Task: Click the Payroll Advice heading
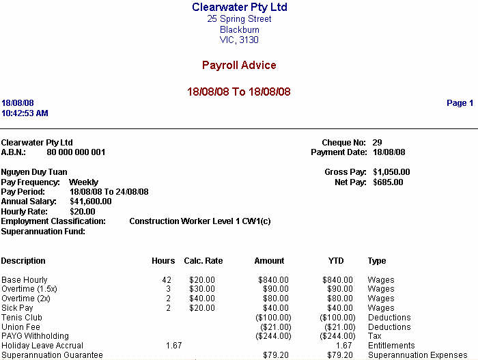(x=239, y=66)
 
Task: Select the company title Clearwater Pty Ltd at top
(x=239, y=8)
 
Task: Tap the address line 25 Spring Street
(x=239, y=19)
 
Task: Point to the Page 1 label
(x=460, y=103)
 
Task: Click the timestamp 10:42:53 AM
(x=25, y=113)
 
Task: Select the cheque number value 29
(x=378, y=143)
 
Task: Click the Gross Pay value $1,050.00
(x=391, y=172)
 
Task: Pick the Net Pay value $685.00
(x=388, y=182)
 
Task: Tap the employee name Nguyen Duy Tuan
(x=34, y=172)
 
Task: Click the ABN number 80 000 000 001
(x=76, y=152)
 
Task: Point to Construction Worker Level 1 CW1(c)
(x=200, y=221)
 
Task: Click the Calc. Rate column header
(x=203, y=261)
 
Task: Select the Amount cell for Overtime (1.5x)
(x=273, y=289)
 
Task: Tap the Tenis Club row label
(x=22, y=318)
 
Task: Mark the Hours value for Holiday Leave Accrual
(x=173, y=346)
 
